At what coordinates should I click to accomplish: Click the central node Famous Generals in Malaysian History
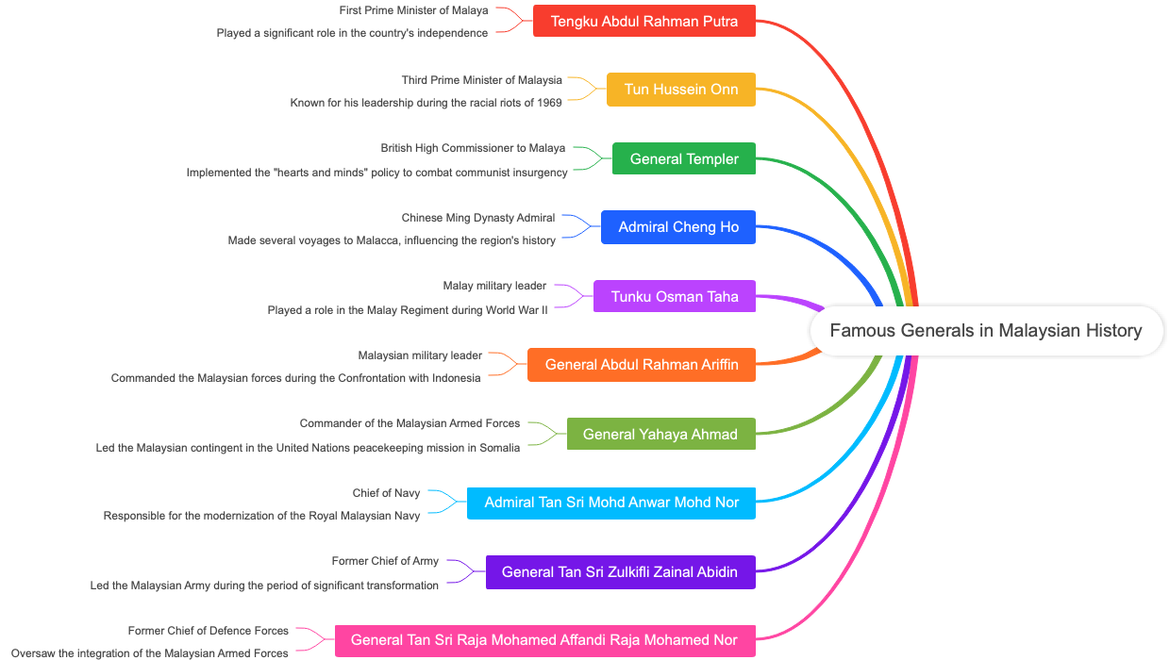pyautogui.click(x=986, y=331)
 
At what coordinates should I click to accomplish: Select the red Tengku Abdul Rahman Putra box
pyautogui.click(x=644, y=21)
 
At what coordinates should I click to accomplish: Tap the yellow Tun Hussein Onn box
pyautogui.click(x=681, y=90)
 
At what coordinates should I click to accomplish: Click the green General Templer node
pyautogui.click(x=684, y=158)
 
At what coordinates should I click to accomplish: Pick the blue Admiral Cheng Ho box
pyautogui.click(x=678, y=227)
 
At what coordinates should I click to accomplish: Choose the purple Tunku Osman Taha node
pyautogui.click(x=675, y=296)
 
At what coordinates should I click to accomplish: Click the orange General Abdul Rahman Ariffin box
pyautogui.click(x=642, y=365)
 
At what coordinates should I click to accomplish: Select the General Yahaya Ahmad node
pyautogui.click(x=660, y=434)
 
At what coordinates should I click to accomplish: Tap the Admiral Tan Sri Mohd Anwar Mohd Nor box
pyautogui.click(x=611, y=503)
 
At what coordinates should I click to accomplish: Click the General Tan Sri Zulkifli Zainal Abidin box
pyautogui.click(x=620, y=571)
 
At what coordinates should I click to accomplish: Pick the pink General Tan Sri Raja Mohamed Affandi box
pyautogui.click(x=544, y=640)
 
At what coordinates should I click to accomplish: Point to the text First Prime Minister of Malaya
pyautogui.click(x=414, y=10)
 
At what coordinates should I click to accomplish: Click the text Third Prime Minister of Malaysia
pyautogui.click(x=481, y=80)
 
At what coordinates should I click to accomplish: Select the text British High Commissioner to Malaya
pyautogui.click(x=473, y=148)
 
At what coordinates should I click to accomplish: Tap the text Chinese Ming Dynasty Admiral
pyautogui.click(x=477, y=218)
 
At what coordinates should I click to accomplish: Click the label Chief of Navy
pyautogui.click(x=386, y=493)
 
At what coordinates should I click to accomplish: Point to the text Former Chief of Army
pyautogui.click(x=385, y=561)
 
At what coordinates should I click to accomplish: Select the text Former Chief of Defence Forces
pyautogui.click(x=209, y=631)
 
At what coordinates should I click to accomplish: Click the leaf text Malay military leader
pyautogui.click(x=494, y=286)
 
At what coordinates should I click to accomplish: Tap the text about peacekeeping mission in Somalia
pyautogui.click(x=308, y=448)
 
